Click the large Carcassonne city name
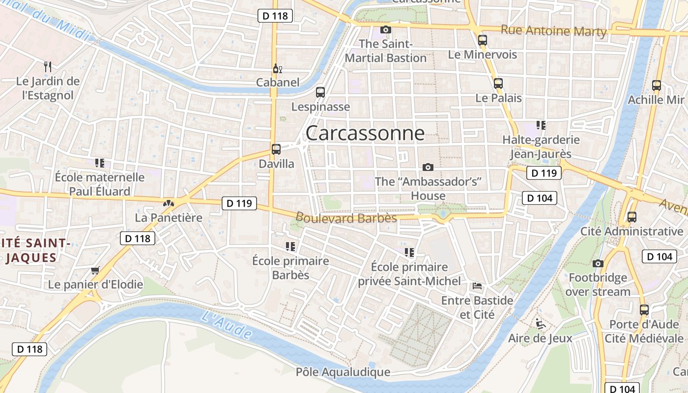click(365, 133)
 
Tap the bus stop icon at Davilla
click(276, 149)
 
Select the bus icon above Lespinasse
click(320, 92)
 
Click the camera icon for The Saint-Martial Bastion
click(386, 29)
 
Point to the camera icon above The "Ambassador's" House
click(428, 167)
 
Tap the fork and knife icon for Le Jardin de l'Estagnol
click(48, 66)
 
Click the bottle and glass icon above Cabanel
click(277, 69)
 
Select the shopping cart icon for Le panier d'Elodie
click(95, 270)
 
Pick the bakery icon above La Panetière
click(169, 203)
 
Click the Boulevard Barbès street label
click(346, 218)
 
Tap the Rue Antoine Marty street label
click(553, 31)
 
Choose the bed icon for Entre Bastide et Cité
click(477, 286)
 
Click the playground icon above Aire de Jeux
click(540, 324)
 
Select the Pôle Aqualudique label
click(343, 372)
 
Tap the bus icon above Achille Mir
click(656, 85)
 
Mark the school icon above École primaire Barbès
click(290, 246)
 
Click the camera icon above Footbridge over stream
click(598, 264)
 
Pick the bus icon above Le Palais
click(498, 84)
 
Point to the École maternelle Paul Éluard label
click(100, 184)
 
